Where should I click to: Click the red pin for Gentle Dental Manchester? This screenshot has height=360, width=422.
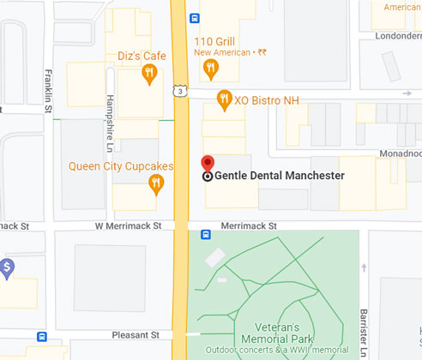(207, 165)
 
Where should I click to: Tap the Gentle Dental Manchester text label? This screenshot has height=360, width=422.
(279, 176)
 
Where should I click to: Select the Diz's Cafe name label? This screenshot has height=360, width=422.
(142, 56)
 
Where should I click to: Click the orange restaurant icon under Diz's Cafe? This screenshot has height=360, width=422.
(149, 73)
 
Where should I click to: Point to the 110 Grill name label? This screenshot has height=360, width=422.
(214, 40)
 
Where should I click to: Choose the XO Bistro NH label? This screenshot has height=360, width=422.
(268, 99)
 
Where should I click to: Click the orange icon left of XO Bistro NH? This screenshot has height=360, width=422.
(225, 99)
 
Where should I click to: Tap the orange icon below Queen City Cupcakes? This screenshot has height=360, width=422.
(155, 182)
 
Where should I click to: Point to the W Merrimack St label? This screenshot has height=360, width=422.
(128, 225)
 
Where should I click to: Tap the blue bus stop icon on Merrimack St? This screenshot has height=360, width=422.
(206, 235)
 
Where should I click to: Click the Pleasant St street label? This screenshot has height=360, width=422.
(136, 334)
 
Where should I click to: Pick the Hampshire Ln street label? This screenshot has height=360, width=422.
(110, 117)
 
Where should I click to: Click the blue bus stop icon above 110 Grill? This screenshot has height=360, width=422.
(196, 17)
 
